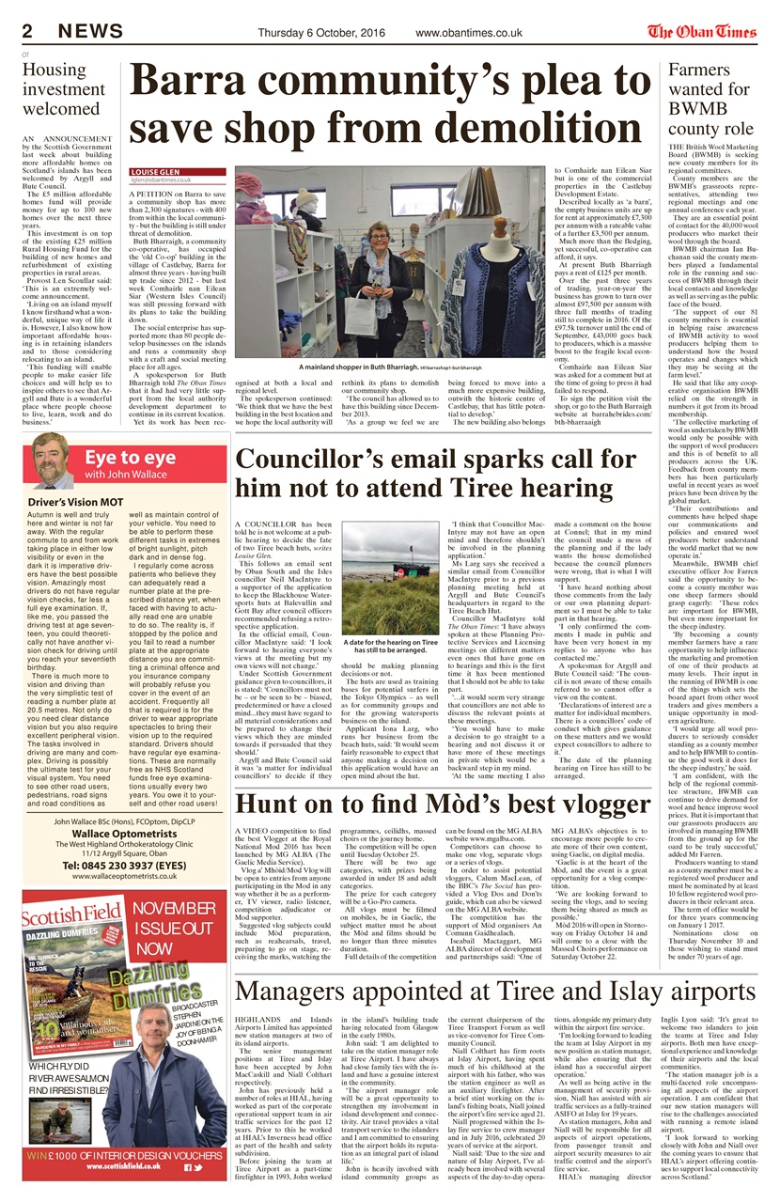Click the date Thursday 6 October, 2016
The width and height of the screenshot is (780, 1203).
pyautogui.click(x=321, y=33)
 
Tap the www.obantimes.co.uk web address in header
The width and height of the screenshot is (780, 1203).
pyautogui.click(x=468, y=33)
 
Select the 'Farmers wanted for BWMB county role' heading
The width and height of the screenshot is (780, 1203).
pyautogui.click(x=710, y=103)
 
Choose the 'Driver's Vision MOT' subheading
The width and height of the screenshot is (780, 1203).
pyautogui.click(x=72, y=502)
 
